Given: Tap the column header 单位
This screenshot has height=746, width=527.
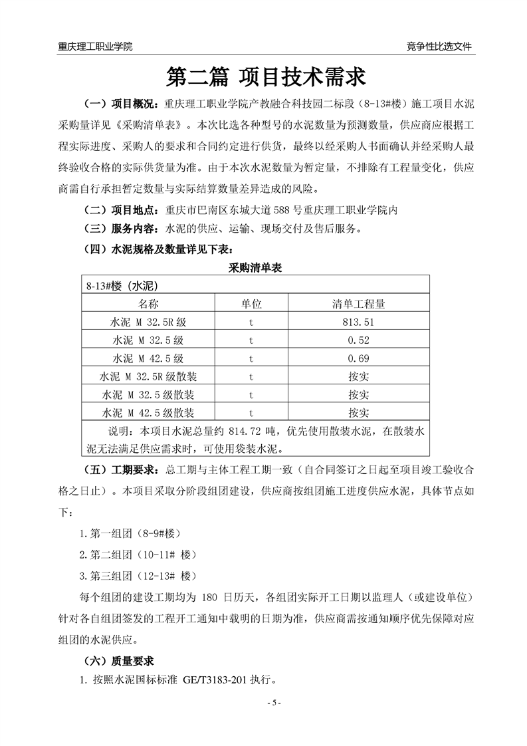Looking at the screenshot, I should pyautogui.click(x=251, y=304).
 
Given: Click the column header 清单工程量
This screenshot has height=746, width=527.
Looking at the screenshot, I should pyautogui.click(x=359, y=304).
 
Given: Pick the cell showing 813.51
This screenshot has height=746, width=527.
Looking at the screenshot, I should pyautogui.click(x=359, y=322).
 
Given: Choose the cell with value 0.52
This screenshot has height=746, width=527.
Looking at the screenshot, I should pyautogui.click(x=359, y=340).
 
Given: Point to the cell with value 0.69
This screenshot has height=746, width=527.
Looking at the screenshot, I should pyautogui.click(x=359, y=358).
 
